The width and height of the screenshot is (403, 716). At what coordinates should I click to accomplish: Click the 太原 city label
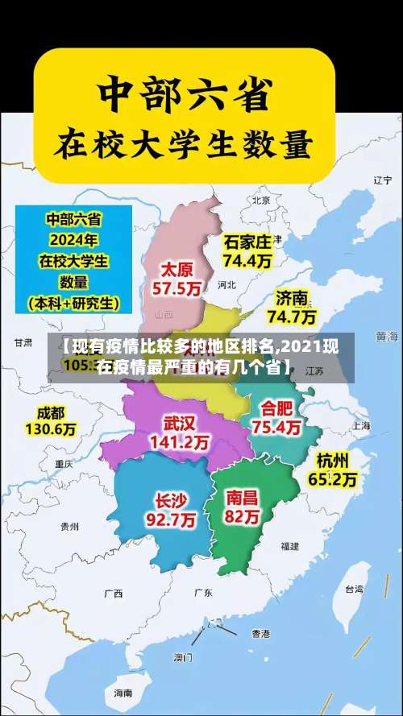[177, 268]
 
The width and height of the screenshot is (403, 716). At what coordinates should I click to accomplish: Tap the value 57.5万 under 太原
[177, 288]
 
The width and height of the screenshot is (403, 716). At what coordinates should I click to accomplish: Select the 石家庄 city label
[247, 242]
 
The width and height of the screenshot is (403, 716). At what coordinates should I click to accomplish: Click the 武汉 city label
[179, 423]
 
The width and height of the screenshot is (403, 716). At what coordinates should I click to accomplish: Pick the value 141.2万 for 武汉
[179, 442]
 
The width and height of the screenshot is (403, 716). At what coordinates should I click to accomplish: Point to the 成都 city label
[50, 412]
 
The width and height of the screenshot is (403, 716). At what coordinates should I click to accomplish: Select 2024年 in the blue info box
[73, 240]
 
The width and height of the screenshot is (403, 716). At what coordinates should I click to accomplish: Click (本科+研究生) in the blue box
[73, 304]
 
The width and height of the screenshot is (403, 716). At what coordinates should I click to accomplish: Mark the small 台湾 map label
[354, 589]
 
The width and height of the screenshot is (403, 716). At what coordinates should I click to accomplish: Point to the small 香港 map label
[260, 633]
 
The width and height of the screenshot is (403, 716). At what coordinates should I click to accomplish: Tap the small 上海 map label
[360, 425]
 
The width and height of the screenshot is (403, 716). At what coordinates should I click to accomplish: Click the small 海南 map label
[123, 693]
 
